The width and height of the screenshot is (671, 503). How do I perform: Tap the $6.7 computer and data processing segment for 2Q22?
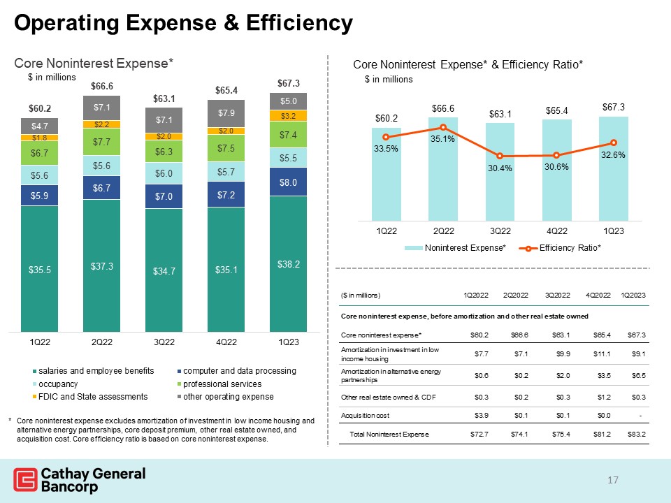pos(102,188)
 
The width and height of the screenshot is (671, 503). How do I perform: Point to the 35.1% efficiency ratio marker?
pos(442,127)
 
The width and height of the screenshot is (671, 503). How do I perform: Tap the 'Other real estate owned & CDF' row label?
pos(384,395)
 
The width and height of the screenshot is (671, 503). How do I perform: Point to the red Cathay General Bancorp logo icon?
pos(24,481)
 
